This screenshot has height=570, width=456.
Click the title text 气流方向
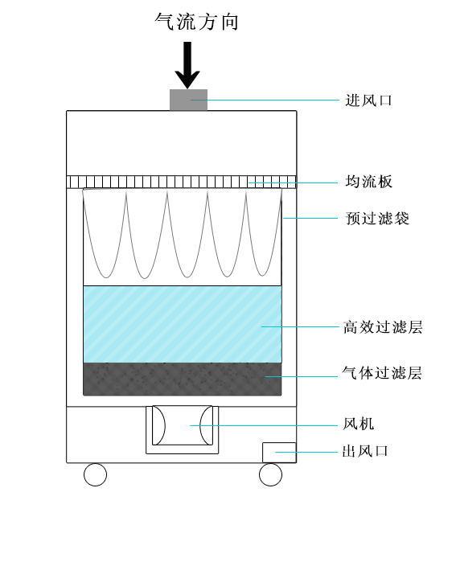196,22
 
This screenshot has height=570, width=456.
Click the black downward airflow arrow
187,64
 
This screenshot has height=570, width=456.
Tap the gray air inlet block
188,100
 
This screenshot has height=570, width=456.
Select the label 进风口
368,100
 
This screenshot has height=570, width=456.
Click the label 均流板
368,182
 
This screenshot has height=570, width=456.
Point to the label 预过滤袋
377,218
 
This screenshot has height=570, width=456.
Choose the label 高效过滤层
383,326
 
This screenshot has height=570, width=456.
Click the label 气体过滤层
382,373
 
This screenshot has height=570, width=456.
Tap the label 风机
359,424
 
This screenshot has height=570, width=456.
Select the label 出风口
365,451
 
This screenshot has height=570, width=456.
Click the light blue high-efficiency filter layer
183,324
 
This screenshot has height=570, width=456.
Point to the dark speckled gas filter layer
183,379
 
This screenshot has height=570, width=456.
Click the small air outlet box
279,453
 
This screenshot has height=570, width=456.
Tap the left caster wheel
95,474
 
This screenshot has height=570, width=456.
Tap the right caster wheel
270,474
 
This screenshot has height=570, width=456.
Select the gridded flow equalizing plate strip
182,182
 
